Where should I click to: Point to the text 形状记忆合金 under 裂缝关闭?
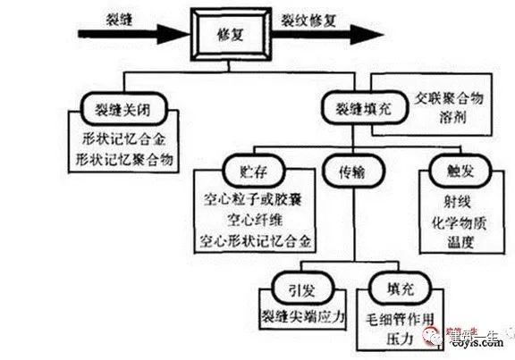pos(122,140)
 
